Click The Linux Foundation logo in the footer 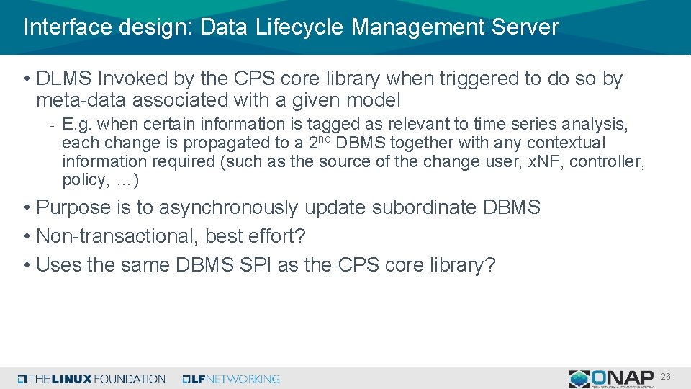click(91, 379)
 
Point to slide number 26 click(666, 377)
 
